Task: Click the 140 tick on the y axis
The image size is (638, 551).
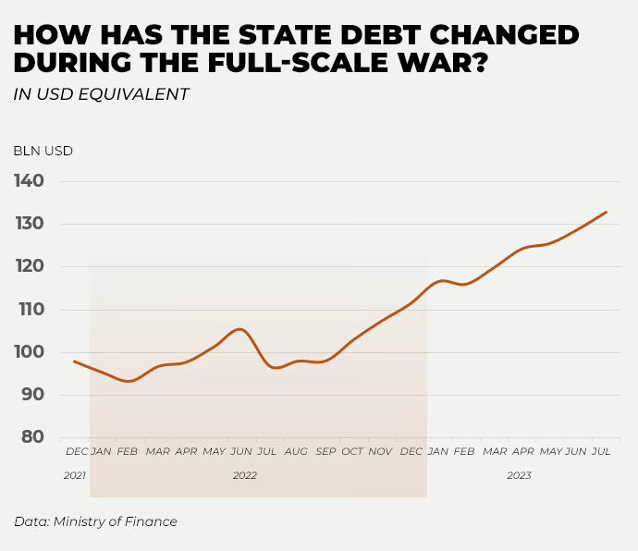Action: [30, 181]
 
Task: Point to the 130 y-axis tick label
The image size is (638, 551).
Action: [30, 224]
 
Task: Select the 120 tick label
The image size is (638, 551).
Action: [30, 266]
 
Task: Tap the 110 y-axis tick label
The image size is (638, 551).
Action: [30, 309]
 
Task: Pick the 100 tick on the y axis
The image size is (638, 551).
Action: [30, 352]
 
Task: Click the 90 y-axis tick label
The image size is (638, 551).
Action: [32, 395]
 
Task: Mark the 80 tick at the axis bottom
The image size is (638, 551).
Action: [32, 437]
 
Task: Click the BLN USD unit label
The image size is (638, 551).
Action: [43, 151]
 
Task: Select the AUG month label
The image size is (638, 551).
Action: [296, 451]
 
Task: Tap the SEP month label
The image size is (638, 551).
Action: [325, 451]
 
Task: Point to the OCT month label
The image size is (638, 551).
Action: [352, 451]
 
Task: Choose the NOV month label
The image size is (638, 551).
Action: [381, 451]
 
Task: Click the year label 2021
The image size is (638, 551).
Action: [74, 475]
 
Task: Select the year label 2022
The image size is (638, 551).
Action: [245, 475]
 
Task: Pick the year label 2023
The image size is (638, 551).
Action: [519, 475]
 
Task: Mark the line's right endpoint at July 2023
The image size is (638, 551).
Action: [607, 212]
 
